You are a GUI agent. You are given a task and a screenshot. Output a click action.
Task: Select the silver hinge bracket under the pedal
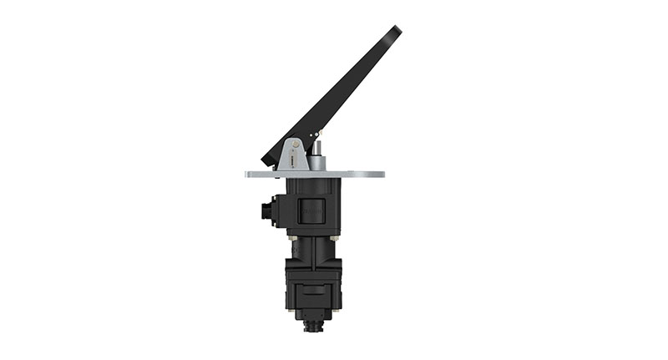click(x=291, y=155)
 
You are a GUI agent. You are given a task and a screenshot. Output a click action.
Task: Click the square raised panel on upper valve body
click(x=311, y=210)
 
